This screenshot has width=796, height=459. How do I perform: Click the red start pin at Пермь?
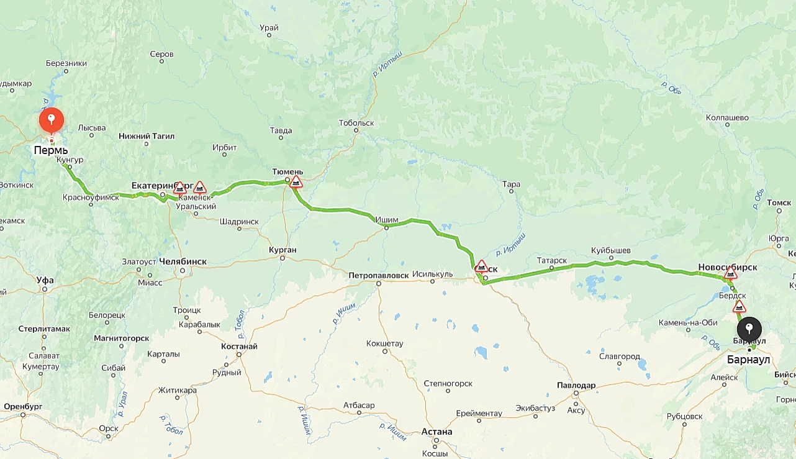51,119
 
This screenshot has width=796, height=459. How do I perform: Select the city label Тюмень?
287,171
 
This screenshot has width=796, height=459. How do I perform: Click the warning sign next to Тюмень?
296,181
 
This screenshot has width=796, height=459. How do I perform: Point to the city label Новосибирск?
727,267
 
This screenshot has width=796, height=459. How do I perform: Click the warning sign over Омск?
481,266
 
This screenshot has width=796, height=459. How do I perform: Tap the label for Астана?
436,432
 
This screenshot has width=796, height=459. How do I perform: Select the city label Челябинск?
183,261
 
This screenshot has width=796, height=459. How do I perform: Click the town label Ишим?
386,219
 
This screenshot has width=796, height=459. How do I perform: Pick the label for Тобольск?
356,123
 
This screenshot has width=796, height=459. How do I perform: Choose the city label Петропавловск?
378,275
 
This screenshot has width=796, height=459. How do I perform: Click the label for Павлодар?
576,385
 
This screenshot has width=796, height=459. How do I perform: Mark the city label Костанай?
239,346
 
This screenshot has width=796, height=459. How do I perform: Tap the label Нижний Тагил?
143,135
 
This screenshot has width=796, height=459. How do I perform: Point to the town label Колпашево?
727,117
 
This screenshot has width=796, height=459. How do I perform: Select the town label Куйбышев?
611,250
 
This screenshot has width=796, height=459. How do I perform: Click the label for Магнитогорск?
121,338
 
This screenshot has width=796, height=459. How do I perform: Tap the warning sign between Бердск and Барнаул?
739,306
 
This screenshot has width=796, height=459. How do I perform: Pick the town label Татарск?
552,260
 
